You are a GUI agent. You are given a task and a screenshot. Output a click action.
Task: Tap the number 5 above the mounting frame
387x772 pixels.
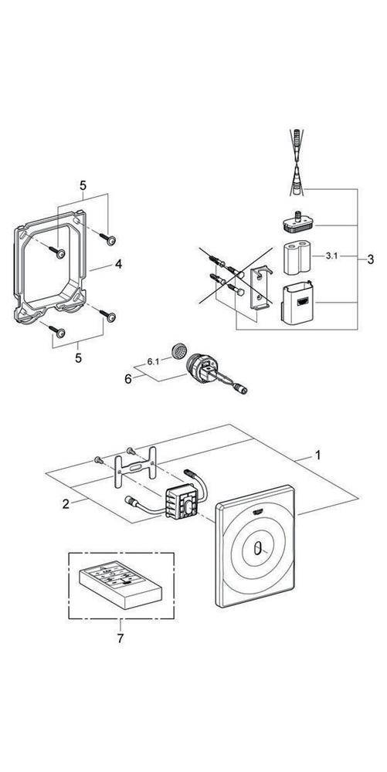click(83, 185)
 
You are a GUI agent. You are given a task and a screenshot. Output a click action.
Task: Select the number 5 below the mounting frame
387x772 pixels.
click(79, 358)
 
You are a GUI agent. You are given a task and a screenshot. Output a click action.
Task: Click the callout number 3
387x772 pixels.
click(370, 259)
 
